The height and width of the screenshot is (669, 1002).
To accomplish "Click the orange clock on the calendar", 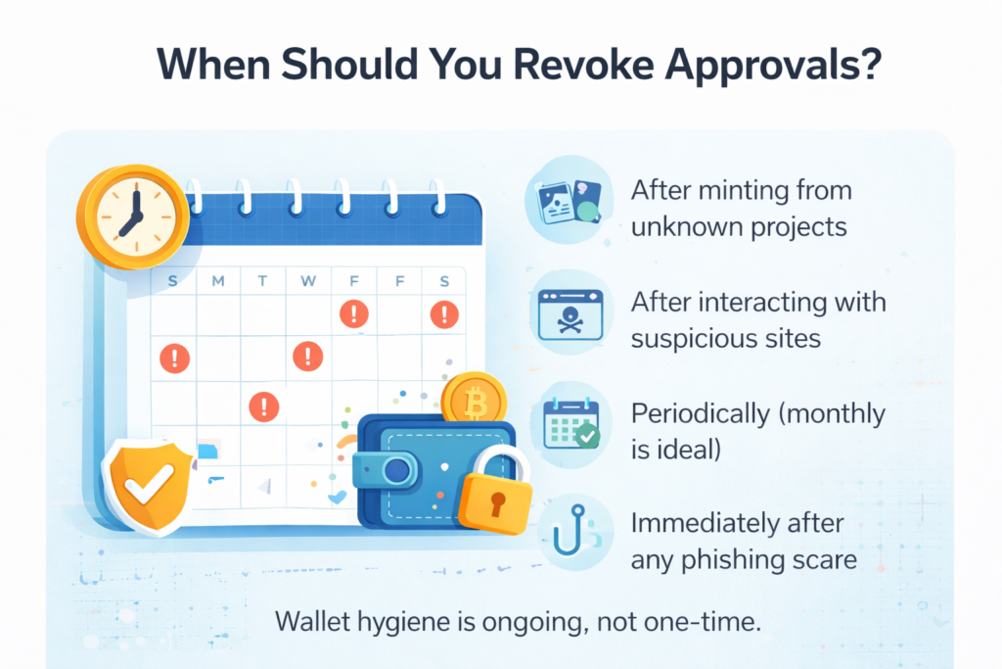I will click(132, 214).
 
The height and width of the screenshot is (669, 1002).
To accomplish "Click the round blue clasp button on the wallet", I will click(397, 471).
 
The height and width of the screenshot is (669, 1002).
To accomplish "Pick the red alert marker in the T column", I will click(262, 406).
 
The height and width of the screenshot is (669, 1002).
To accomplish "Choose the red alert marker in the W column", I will click(308, 355).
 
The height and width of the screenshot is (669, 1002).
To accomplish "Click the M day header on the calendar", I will click(218, 282).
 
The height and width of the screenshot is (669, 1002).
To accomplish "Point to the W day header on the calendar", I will click(308, 282).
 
